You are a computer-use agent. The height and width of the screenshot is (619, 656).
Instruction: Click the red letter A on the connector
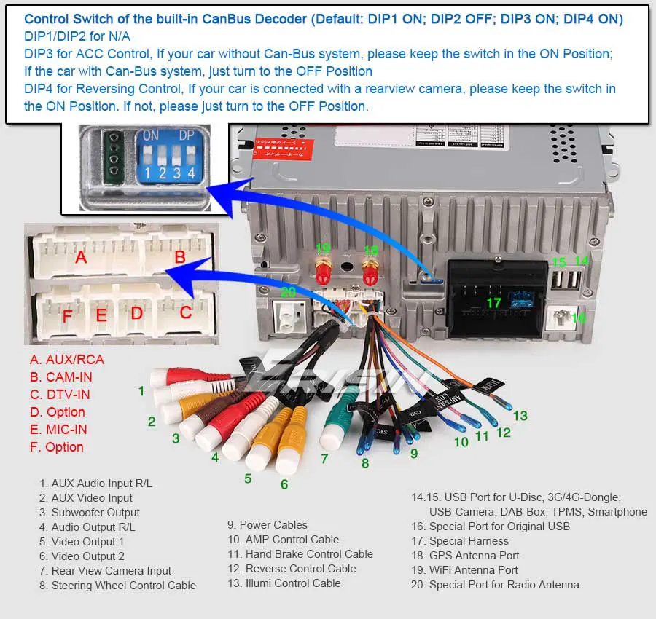[81, 257]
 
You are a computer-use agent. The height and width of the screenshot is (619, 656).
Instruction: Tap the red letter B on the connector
[180, 257]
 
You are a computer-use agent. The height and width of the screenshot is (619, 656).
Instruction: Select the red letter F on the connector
[67, 316]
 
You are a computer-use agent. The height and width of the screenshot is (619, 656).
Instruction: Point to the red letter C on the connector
[186, 312]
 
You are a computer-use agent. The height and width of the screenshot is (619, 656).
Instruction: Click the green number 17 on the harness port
[494, 302]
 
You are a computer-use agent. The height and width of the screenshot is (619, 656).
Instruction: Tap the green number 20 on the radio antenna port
[289, 293]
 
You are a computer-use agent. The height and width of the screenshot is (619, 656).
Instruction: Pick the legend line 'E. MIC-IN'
[58, 430]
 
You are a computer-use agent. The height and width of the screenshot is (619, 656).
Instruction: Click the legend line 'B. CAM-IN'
[61, 377]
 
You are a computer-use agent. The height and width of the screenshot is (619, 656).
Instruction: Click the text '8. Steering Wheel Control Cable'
[117, 586]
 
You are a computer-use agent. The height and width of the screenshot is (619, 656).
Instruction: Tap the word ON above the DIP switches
[151, 135]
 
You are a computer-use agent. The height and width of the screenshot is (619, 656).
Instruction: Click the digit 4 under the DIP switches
[191, 174]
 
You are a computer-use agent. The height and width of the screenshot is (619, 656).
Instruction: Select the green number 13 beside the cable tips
[520, 416]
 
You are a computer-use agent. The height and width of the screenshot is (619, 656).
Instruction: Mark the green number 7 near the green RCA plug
[324, 459]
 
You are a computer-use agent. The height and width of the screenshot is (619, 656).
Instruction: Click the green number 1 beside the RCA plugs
[141, 391]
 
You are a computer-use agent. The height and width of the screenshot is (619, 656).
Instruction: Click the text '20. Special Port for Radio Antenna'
[495, 585]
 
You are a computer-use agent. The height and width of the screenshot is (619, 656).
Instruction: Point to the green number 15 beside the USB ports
[558, 262]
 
